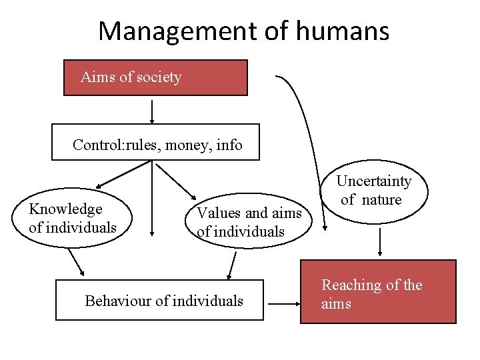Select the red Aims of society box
155,78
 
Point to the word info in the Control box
229,145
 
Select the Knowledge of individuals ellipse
72,219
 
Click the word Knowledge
65,209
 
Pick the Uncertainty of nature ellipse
373,191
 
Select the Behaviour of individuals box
159,301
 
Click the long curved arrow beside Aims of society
309,140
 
